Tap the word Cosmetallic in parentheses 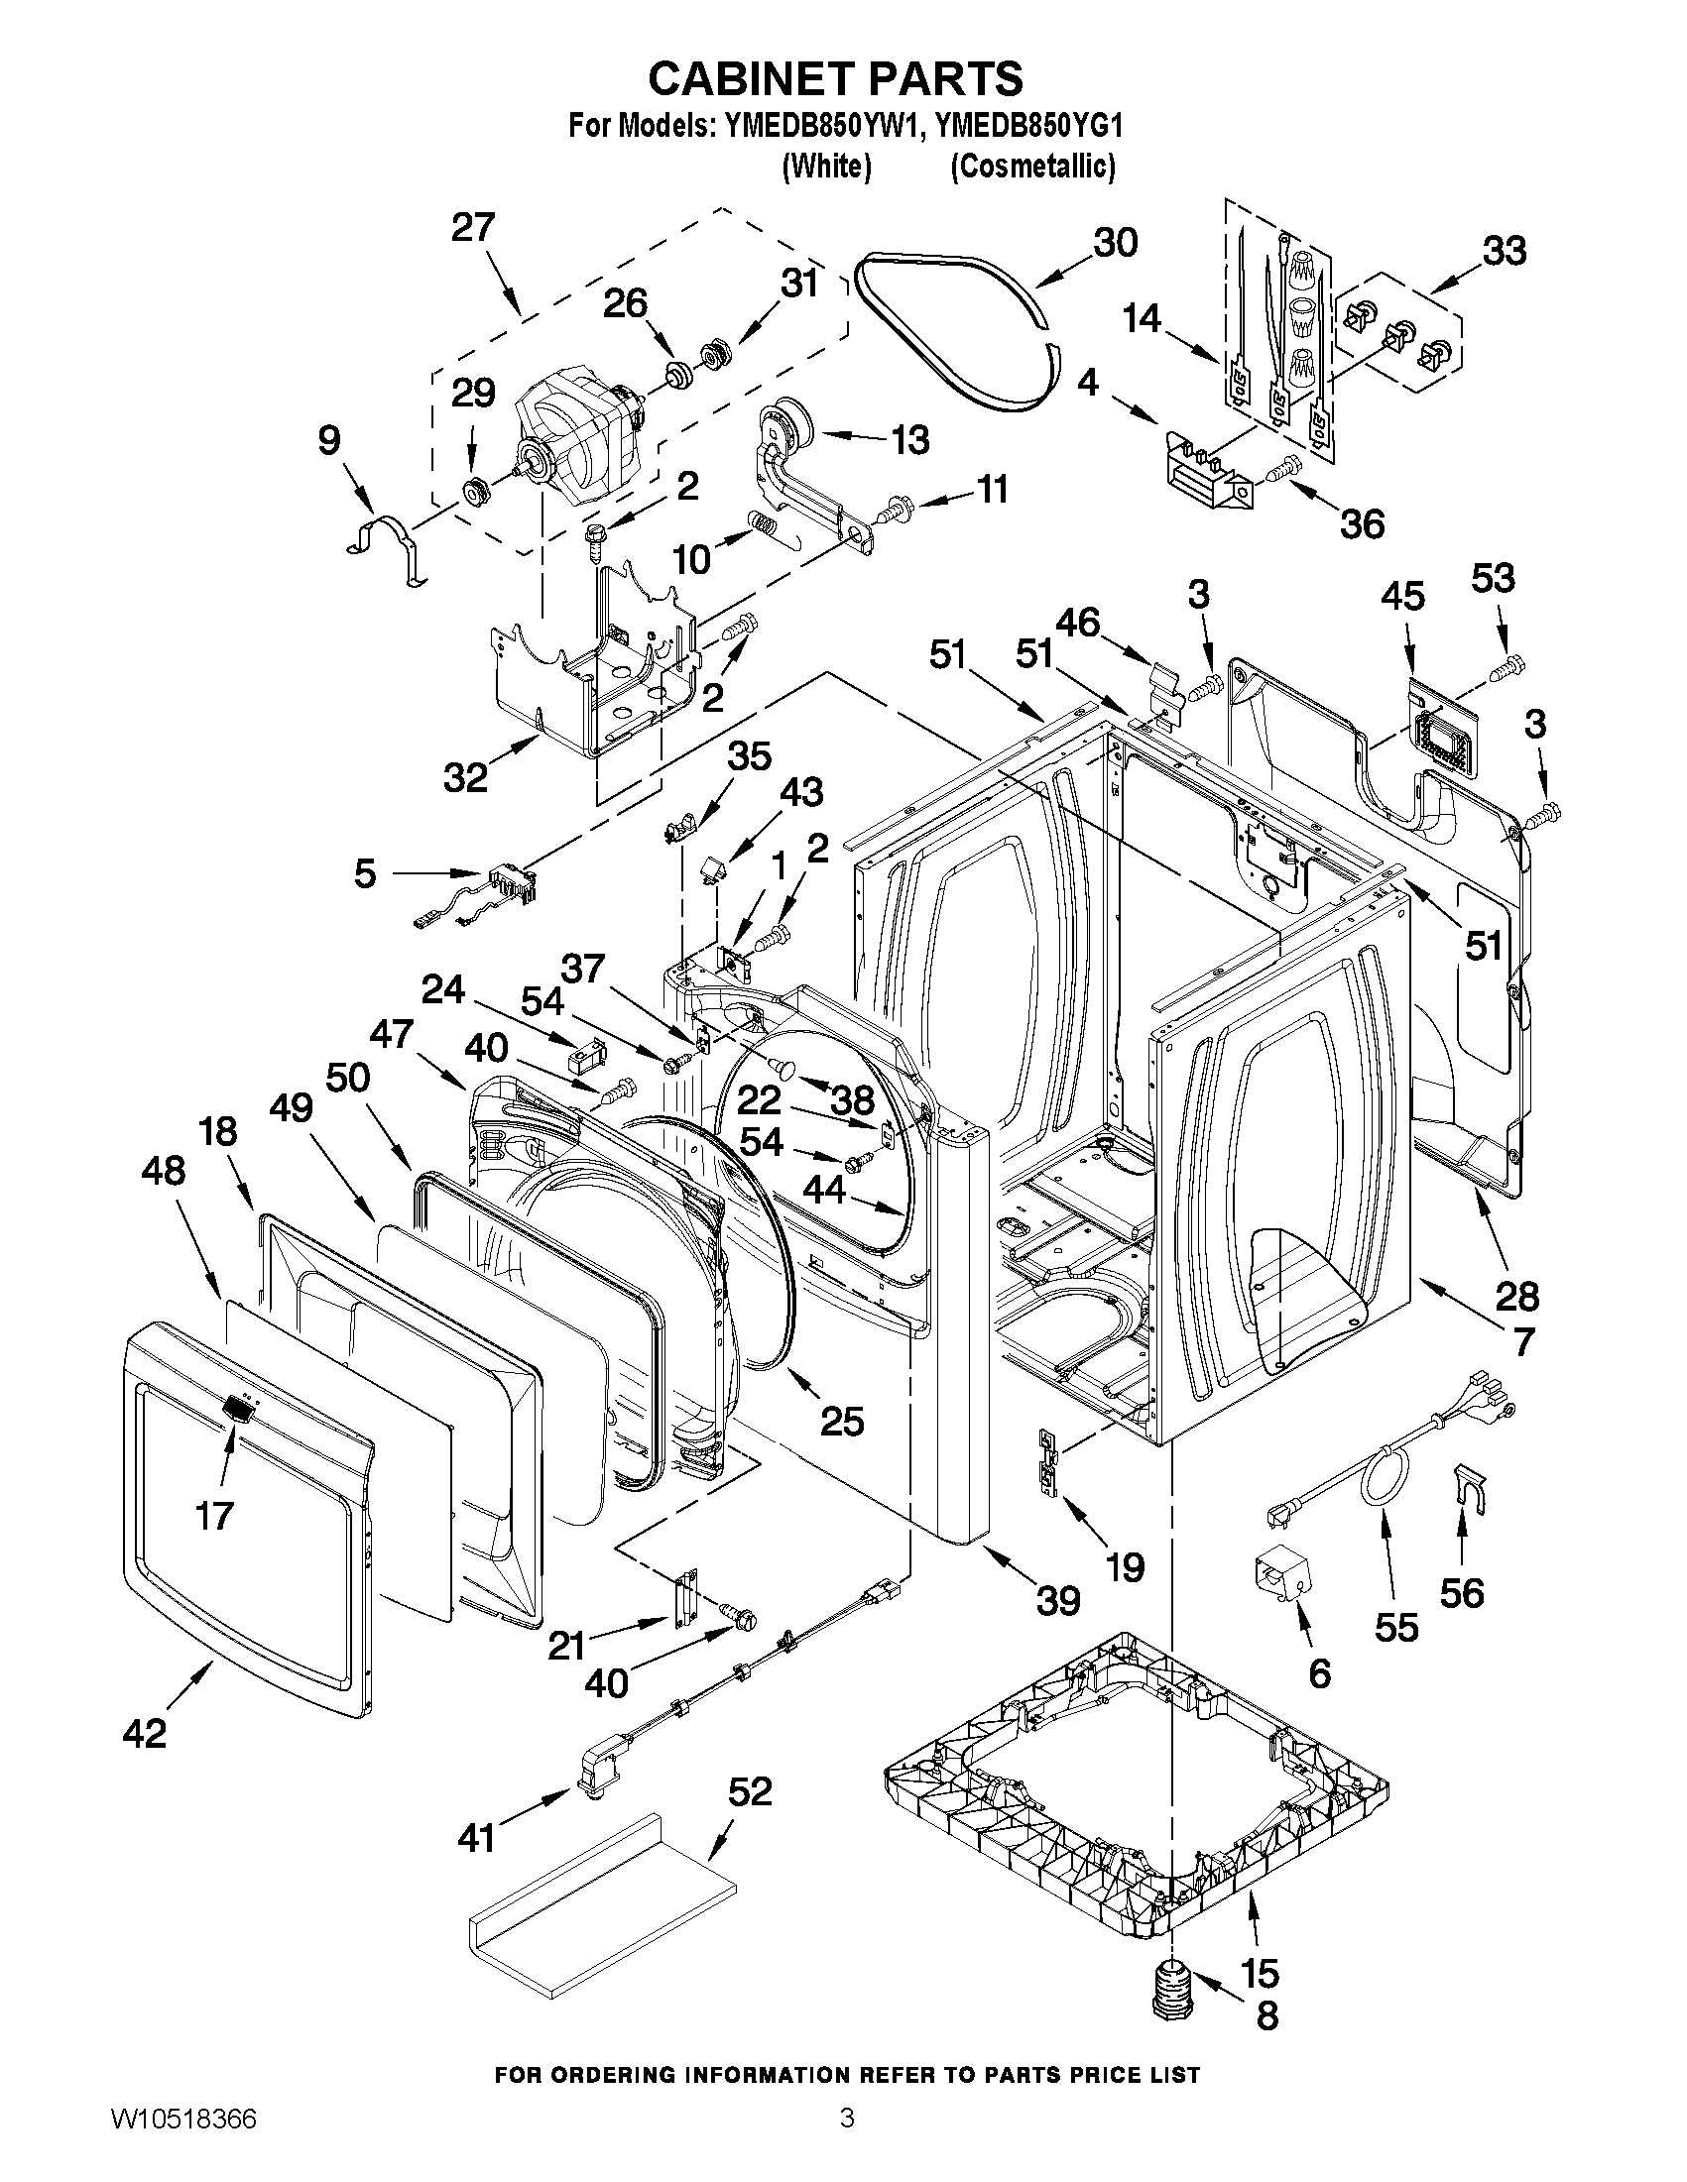pos(1031,166)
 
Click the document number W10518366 pos(181,2141)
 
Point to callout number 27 pos(473,228)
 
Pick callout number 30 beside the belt pos(1115,243)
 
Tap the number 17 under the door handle pos(215,1516)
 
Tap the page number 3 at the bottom pos(847,2141)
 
